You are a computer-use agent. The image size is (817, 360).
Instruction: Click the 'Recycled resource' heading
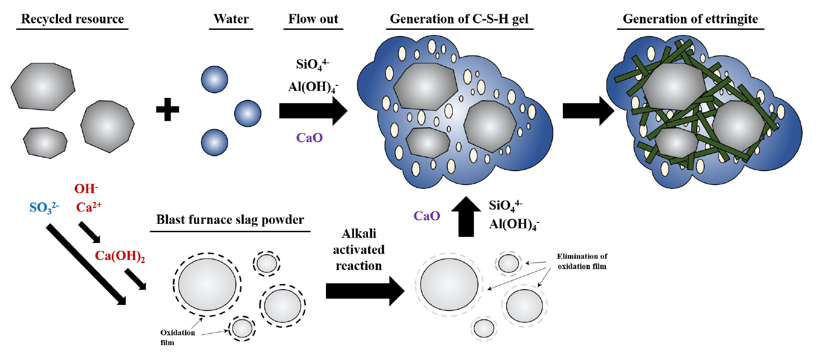[72, 19]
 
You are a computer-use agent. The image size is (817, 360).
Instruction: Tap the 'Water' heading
[231, 19]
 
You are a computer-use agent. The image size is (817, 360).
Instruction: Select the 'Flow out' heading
[313, 19]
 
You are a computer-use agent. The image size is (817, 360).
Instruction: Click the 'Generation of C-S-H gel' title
[459, 19]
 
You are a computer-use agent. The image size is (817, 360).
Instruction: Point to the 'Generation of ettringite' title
[690, 19]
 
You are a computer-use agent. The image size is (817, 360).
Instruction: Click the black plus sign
[167, 110]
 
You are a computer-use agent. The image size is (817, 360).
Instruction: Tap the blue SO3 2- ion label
[44, 208]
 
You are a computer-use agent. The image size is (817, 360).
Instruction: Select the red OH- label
[86, 189]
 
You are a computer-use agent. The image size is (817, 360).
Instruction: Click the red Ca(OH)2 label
[120, 256]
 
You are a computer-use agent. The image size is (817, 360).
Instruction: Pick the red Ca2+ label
[89, 207]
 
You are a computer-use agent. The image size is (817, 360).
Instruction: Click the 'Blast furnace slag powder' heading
[230, 220]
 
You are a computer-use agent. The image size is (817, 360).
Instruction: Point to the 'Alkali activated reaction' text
[359, 249]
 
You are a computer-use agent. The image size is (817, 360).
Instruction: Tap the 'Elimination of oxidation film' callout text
[582, 262]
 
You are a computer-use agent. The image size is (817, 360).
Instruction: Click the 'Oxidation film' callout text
[177, 337]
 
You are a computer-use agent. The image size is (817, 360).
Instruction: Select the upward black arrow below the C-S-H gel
[466, 217]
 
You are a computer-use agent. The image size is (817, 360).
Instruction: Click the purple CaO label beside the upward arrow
[427, 216]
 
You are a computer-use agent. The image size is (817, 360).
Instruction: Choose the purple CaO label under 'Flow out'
[309, 138]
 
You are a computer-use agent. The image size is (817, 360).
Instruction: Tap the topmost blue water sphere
[215, 79]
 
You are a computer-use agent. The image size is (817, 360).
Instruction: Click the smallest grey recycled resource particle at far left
[45, 142]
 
